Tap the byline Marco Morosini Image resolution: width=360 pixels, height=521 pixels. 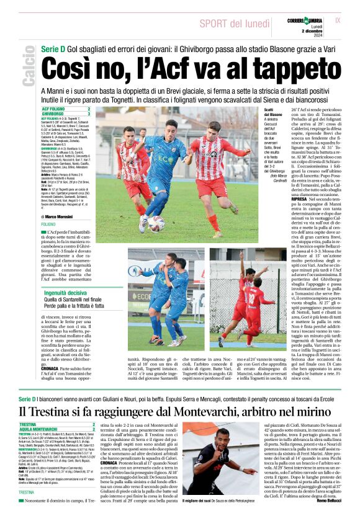pos(63,216)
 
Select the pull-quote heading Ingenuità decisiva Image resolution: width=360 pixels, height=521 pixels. pos(65,292)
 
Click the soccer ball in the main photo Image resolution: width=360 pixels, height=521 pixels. pos(156,223)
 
